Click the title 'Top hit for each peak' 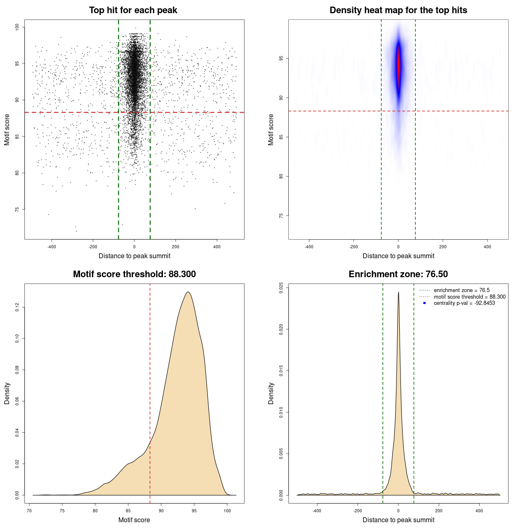tap(133, 10)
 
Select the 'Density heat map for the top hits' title tap(398, 10)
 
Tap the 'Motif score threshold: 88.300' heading tap(134, 274)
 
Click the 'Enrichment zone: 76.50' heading tap(398, 274)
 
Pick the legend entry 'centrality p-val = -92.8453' tap(464, 303)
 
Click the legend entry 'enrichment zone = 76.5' tap(462, 290)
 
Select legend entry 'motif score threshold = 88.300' tap(469, 297)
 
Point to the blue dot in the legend tap(424, 303)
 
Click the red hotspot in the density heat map tap(398, 64)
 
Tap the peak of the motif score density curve tap(188, 292)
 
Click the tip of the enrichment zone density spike tap(398, 292)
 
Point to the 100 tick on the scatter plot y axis tap(17, 27)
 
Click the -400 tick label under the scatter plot tap(52, 247)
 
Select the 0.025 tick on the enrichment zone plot tap(281, 288)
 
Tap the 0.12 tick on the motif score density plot tap(17, 307)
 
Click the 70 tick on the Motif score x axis tap(29, 511)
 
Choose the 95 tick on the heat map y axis tap(281, 59)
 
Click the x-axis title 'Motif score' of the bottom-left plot tap(134, 520)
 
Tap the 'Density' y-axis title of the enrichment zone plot tap(271, 393)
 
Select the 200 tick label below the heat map tap(443, 247)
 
